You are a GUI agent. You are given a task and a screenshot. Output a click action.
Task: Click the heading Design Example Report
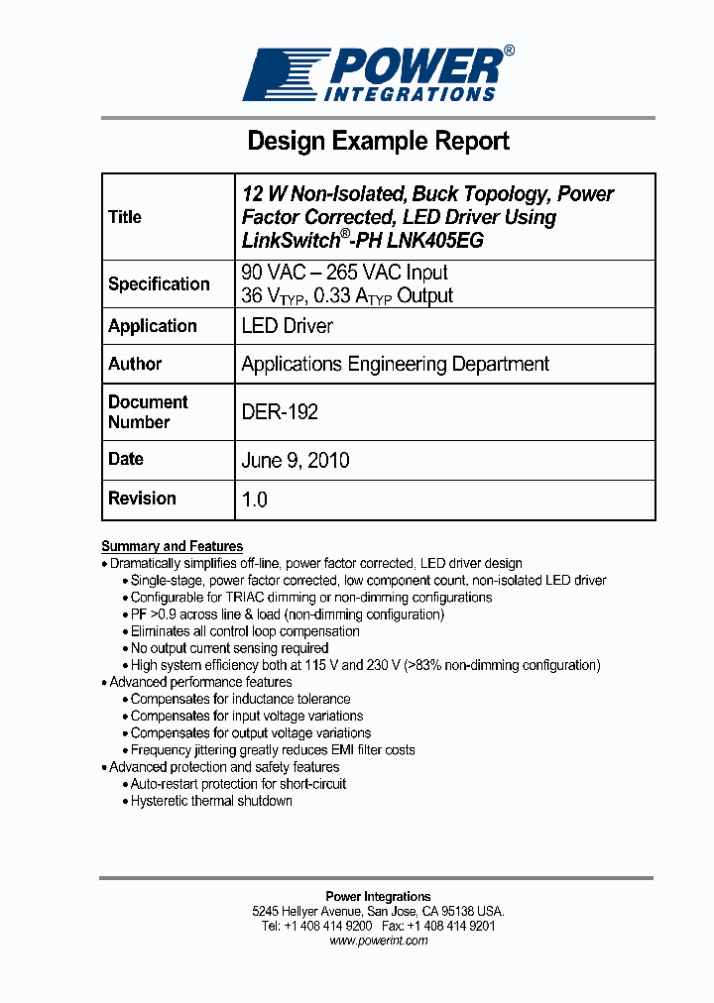pyautogui.click(x=378, y=141)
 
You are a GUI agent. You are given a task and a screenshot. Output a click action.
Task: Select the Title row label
pyautogui.click(x=125, y=217)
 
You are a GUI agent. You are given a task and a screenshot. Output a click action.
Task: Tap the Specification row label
pyautogui.click(x=159, y=284)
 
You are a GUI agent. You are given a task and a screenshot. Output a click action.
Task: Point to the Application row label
pyautogui.click(x=153, y=326)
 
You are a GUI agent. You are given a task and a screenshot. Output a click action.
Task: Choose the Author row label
pyautogui.click(x=135, y=364)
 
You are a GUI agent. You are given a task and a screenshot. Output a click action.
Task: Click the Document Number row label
pyautogui.click(x=148, y=412)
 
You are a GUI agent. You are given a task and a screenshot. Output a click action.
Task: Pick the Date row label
pyautogui.click(x=126, y=459)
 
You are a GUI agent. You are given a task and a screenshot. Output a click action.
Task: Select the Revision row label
pyautogui.click(x=142, y=499)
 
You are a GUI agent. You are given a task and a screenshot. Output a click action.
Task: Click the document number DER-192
pyautogui.click(x=280, y=412)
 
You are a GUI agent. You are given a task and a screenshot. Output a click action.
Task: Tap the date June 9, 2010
pyautogui.click(x=296, y=461)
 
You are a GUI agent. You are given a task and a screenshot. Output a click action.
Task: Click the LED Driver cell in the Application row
pyautogui.click(x=288, y=326)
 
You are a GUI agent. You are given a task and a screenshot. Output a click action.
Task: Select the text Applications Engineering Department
pyautogui.click(x=395, y=365)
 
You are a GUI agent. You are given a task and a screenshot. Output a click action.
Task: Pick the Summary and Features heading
pyautogui.click(x=172, y=546)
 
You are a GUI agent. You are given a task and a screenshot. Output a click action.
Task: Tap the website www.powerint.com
pyautogui.click(x=378, y=941)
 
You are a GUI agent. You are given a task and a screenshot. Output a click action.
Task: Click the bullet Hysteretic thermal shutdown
pyautogui.click(x=211, y=801)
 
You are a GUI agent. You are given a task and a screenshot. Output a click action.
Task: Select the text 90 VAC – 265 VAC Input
pyautogui.click(x=344, y=273)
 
